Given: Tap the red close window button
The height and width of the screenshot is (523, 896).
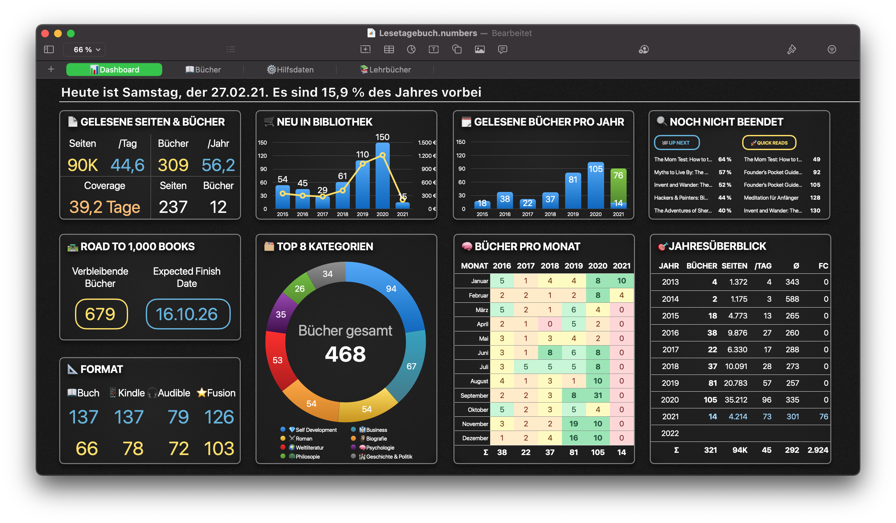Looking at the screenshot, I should (x=45, y=33).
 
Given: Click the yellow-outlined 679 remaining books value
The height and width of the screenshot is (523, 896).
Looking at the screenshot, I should (x=101, y=314).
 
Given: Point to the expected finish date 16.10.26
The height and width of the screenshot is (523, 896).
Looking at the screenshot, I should (x=187, y=314).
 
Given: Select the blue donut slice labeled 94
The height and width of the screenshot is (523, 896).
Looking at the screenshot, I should (x=391, y=289).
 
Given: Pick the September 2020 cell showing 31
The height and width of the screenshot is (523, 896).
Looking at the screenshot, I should (x=597, y=395).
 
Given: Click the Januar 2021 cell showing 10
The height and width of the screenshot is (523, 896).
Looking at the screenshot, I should (x=621, y=281).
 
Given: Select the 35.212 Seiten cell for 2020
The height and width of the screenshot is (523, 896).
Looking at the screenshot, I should (x=736, y=400).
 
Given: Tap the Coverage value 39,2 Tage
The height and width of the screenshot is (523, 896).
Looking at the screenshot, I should (x=105, y=207).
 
